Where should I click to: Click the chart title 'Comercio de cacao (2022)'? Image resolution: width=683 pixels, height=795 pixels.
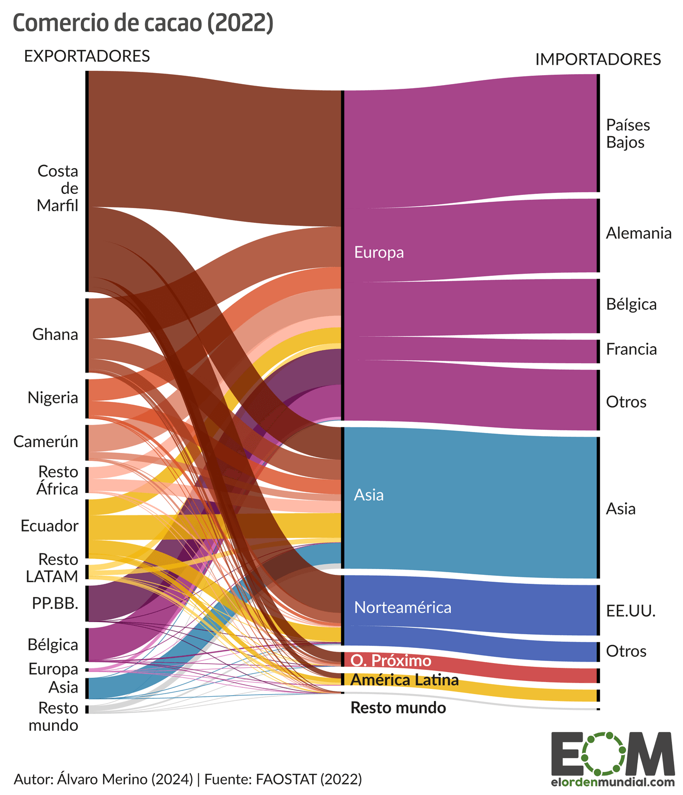142,23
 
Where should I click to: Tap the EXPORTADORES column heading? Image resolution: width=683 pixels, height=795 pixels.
87,56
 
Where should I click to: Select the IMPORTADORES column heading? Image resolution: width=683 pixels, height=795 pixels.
598,59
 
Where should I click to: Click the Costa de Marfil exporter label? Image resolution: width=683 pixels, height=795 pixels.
58,188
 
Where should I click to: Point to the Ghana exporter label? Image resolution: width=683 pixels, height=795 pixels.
55,334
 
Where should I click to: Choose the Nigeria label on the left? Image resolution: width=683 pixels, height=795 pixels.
53,397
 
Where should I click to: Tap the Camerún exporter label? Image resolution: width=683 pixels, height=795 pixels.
46,441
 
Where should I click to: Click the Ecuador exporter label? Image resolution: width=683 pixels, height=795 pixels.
49,525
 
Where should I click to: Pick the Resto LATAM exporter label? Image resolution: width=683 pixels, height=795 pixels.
52,567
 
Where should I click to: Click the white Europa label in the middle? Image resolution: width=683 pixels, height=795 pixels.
379,252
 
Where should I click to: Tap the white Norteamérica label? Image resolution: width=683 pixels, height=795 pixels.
402,607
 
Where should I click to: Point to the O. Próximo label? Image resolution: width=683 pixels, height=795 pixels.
390,660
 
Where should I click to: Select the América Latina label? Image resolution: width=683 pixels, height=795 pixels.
404,680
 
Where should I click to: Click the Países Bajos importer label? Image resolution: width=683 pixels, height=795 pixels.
628,133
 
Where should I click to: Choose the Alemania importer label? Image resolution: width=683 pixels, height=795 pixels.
638,233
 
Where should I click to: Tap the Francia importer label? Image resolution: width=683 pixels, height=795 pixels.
631,349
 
